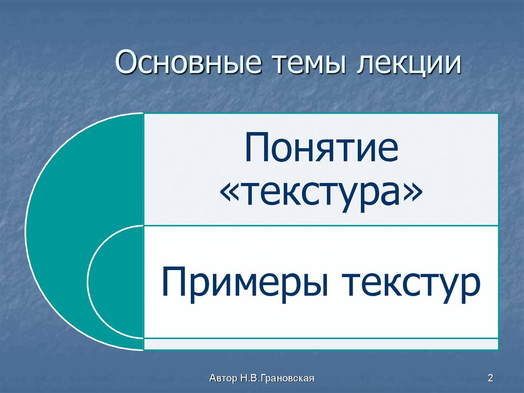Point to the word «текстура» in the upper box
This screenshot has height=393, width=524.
coord(321,194)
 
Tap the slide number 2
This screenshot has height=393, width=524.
coord(490,379)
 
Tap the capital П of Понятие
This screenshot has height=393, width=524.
coord(256,149)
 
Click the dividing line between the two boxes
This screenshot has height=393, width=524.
coord(321,225)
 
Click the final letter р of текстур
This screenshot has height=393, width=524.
coord(471,287)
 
